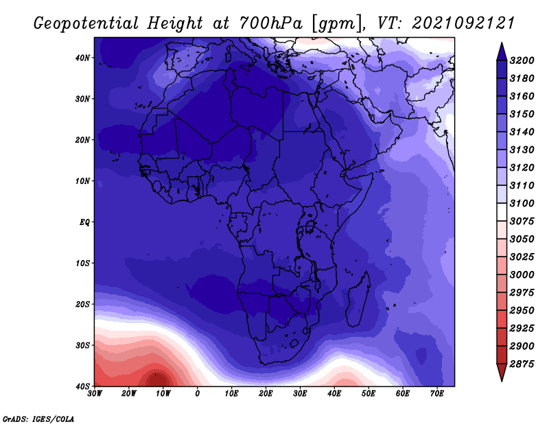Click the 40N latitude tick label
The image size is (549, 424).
(x=82, y=58)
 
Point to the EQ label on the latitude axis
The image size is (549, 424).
(x=84, y=222)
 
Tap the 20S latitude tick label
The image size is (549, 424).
(x=82, y=304)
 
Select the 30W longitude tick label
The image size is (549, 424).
(x=95, y=393)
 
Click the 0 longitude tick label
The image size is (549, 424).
(x=198, y=393)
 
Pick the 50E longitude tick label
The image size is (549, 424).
(x=369, y=393)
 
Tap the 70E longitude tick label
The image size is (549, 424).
(x=436, y=393)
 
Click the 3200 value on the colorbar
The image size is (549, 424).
(x=522, y=60)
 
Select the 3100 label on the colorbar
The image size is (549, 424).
(x=522, y=203)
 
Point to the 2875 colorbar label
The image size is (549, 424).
(x=522, y=364)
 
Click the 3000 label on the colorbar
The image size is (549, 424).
(x=522, y=275)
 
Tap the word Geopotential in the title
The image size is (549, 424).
(x=86, y=24)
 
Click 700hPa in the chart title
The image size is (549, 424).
(x=270, y=23)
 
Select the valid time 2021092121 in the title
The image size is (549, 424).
(x=463, y=23)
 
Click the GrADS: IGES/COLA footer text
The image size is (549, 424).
(x=38, y=419)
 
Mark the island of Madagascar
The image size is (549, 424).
(x=358, y=300)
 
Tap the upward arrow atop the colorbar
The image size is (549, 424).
(x=502, y=51)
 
